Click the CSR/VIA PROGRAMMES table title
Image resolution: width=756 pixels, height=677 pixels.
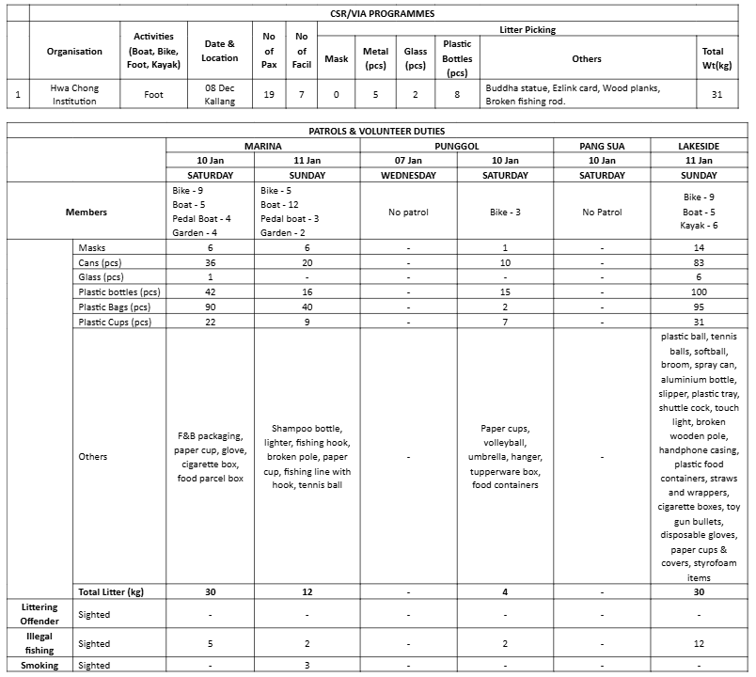[390, 13]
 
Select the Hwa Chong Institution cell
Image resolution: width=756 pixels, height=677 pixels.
[74, 94]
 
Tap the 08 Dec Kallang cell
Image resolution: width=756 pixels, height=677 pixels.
[220, 94]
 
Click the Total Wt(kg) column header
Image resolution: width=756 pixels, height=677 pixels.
[713, 58]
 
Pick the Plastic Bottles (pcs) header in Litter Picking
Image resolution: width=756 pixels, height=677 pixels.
[457, 58]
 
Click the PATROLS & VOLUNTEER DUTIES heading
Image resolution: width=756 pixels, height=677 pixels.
[377, 132]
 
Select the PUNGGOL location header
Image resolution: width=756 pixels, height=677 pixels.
[458, 146]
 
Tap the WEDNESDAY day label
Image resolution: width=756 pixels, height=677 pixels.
[408, 175]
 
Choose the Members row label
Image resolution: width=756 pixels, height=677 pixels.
[86, 213]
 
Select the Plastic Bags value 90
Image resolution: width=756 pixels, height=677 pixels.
[211, 307]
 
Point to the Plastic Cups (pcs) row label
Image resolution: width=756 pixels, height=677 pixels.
[114, 322]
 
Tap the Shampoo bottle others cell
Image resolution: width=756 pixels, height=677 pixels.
[307, 456]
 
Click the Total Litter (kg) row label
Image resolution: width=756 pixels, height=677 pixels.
[116, 591]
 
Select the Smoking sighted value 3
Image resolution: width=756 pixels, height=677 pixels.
[307, 666]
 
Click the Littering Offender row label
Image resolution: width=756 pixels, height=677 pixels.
[39, 614]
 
